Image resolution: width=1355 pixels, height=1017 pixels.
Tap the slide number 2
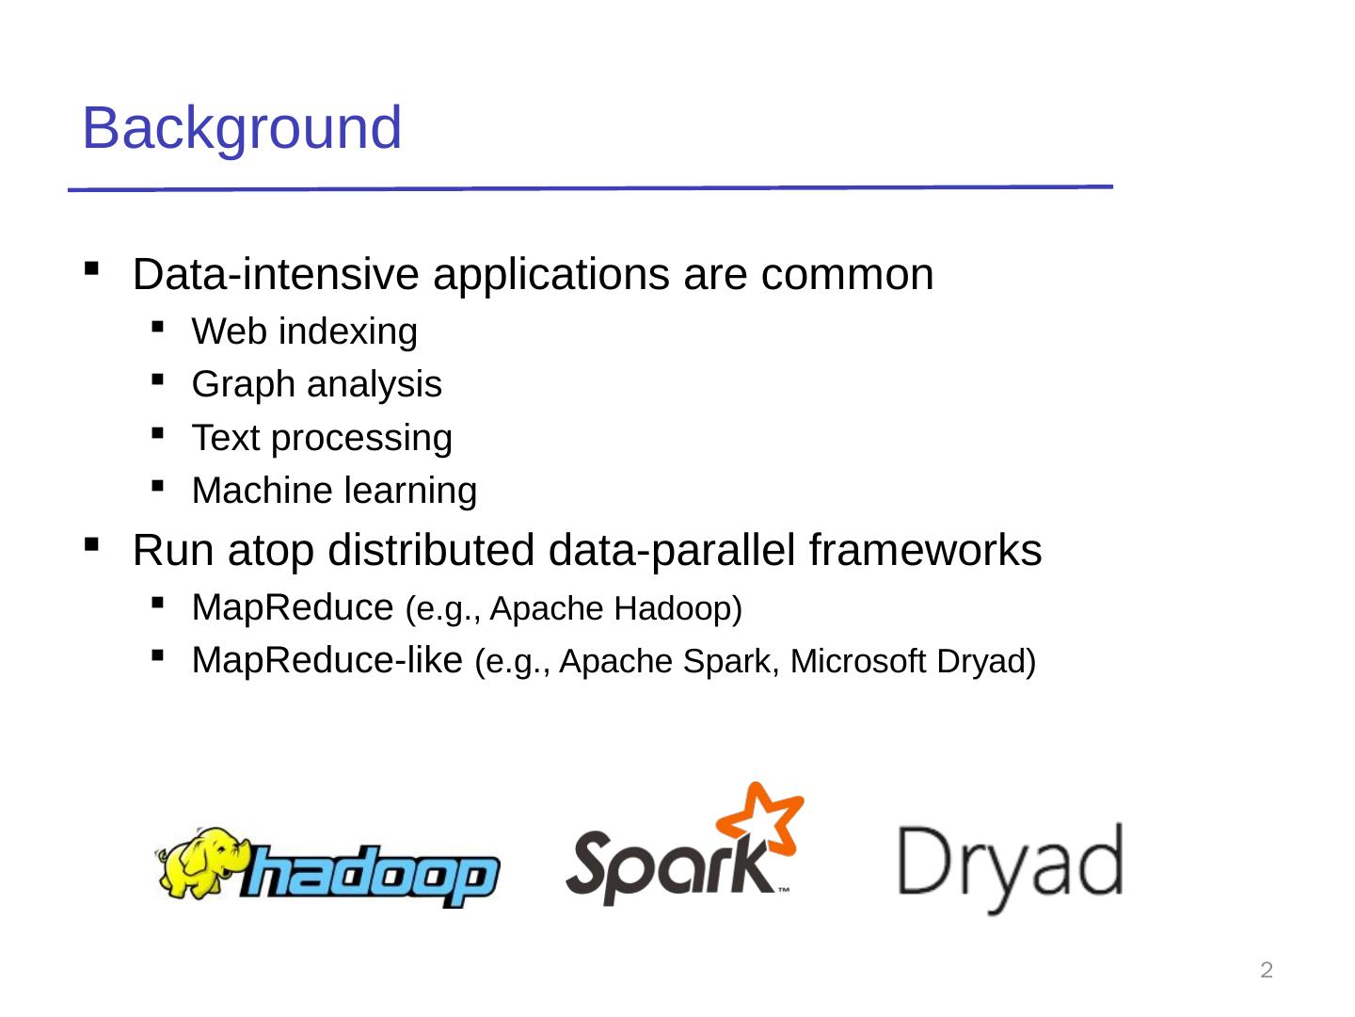[x=1267, y=970]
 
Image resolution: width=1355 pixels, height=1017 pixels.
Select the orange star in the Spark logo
[x=760, y=818]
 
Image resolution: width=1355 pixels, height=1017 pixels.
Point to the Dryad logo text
[x=1010, y=868]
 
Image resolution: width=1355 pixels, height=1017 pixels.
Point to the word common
[x=847, y=275]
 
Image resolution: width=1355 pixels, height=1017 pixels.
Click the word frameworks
[x=925, y=550]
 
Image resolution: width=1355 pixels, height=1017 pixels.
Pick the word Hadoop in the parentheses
[x=677, y=609]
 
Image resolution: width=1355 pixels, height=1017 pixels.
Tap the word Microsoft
[x=858, y=661]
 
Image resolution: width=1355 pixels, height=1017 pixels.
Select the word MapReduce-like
[x=327, y=660]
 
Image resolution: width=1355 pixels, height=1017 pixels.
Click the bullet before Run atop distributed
[x=91, y=544]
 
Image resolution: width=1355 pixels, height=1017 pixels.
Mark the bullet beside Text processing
[x=157, y=433]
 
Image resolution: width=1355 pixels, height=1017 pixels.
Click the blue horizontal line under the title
[x=590, y=187]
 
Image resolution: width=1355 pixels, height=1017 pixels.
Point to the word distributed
[x=430, y=550]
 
